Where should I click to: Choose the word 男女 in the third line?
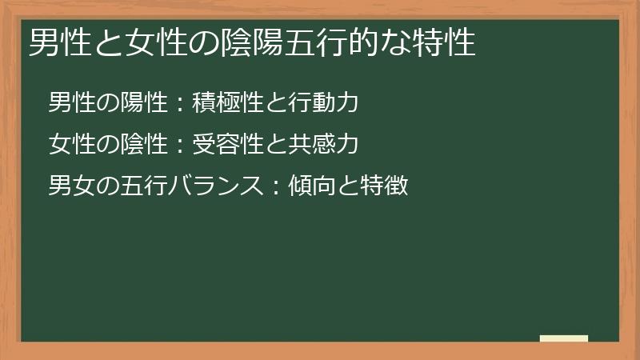69,187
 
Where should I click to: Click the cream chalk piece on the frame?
564,338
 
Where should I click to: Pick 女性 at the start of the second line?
69,145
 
